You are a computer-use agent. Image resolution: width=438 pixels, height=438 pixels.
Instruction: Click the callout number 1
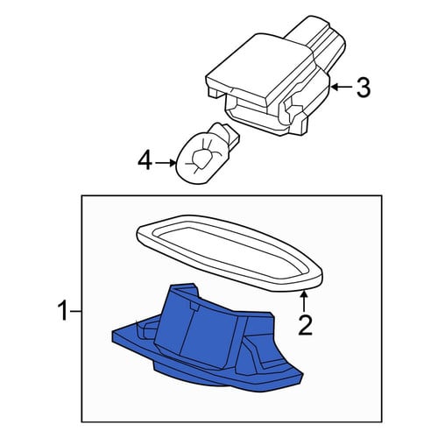64,312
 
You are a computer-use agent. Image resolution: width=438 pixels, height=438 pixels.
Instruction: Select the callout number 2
305,325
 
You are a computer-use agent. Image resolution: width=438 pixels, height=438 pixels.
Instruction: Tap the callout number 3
364,88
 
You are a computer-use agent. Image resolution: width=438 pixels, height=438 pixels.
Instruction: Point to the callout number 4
145,161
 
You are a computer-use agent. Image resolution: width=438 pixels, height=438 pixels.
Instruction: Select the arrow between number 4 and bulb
166,163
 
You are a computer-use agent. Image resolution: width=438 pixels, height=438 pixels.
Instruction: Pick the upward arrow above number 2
304,301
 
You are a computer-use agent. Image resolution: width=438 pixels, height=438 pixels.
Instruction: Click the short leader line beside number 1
76,312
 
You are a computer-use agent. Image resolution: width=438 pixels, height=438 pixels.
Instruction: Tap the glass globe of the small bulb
199,159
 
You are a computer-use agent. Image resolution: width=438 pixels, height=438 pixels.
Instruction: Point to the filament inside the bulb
202,157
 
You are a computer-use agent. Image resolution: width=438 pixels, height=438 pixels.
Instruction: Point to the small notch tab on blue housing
194,306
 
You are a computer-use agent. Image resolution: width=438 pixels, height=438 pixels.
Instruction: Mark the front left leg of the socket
213,92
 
